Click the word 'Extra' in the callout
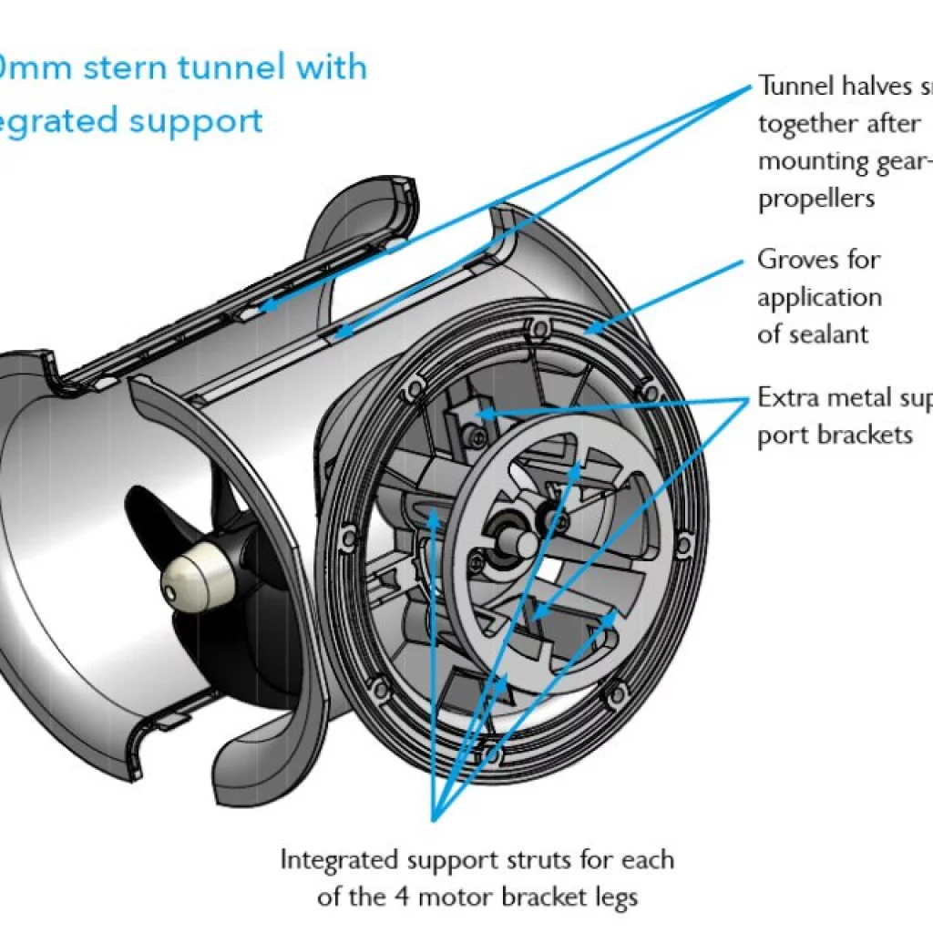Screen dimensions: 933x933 (x=791, y=399)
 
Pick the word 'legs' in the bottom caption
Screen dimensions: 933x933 (x=615, y=897)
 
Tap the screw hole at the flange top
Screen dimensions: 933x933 (x=543, y=326)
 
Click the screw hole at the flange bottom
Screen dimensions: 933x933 (x=493, y=754)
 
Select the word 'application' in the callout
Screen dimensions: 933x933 (x=820, y=298)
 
